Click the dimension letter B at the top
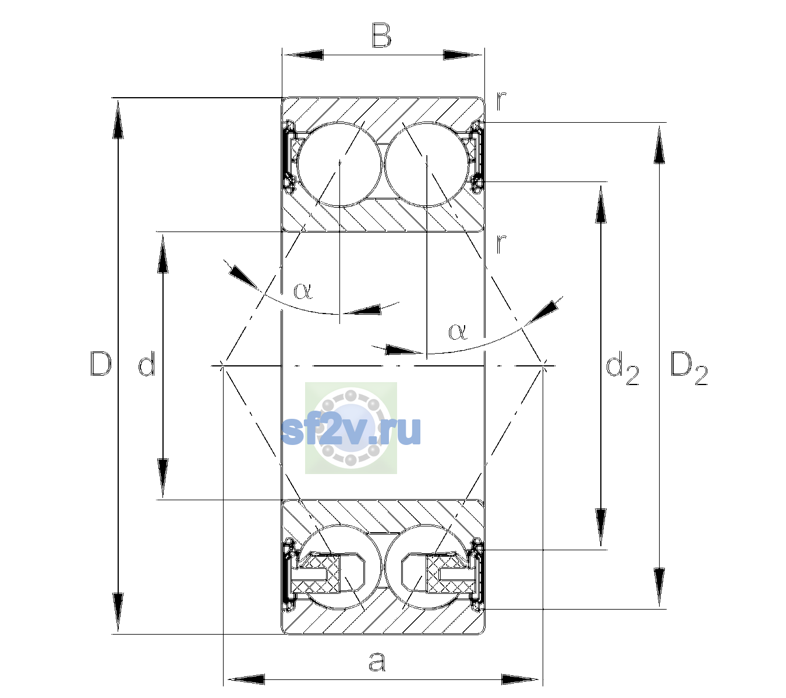point(381,35)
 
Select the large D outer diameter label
point(101,364)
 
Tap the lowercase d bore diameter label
point(147,364)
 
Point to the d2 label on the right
point(622,367)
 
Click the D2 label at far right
point(689,368)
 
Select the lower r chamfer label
point(501,244)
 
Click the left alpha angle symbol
point(303,291)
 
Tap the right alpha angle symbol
point(458,332)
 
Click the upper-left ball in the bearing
point(340,165)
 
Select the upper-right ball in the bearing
point(427,165)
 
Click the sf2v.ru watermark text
point(351,430)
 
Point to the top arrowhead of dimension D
point(118,119)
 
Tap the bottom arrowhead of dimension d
point(163,478)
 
